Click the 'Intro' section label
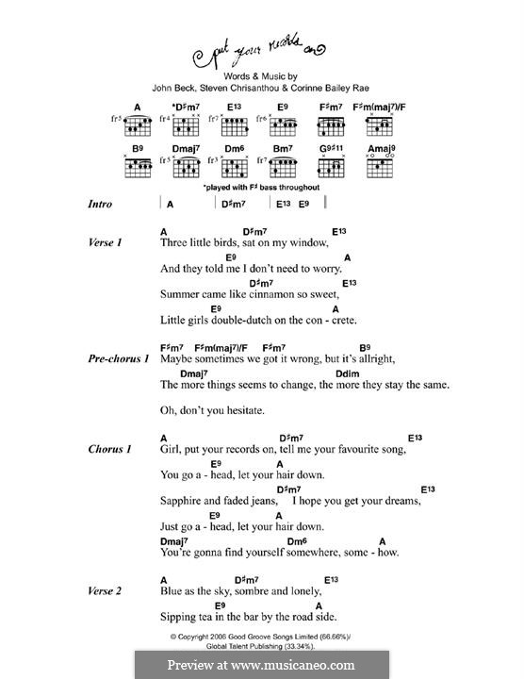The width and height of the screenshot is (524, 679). tap(100, 204)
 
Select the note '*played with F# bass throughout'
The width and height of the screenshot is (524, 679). tap(261, 188)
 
